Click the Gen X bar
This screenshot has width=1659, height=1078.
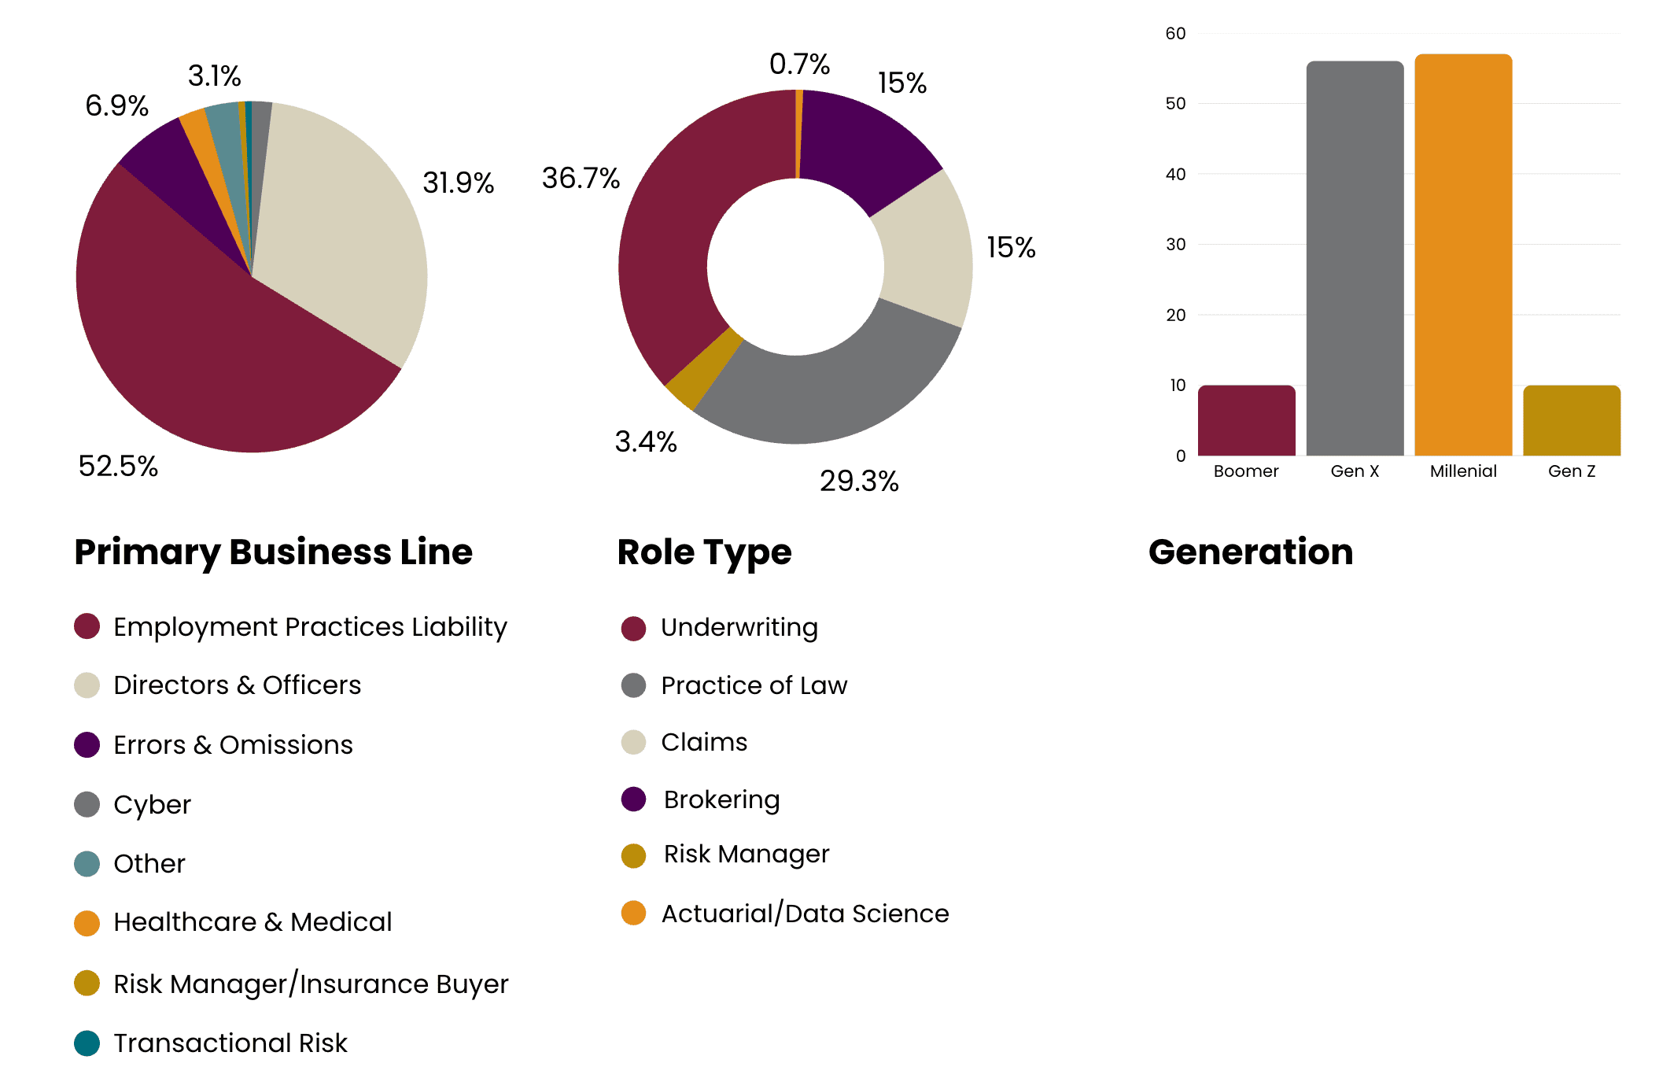tap(1355, 260)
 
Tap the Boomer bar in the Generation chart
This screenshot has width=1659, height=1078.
tap(1246, 421)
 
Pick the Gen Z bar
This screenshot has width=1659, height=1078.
tap(1571, 421)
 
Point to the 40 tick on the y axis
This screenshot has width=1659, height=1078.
tap(1175, 174)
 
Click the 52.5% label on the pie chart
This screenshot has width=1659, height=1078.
tap(118, 466)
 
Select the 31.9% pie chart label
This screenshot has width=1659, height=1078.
tap(458, 183)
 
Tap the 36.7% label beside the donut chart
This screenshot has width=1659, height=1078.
tap(581, 178)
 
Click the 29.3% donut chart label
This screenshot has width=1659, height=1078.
tap(859, 481)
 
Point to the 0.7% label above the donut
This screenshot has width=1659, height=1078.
tap(799, 64)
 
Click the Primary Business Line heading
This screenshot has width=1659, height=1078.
tap(273, 552)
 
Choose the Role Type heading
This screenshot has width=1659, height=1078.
tap(704, 552)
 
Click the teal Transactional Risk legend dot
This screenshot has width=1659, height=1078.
tap(87, 1043)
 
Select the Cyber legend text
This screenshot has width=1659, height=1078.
tap(152, 804)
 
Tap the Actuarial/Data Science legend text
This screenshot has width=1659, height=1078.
tap(805, 914)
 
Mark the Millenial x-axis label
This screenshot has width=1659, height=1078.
tap(1463, 471)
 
